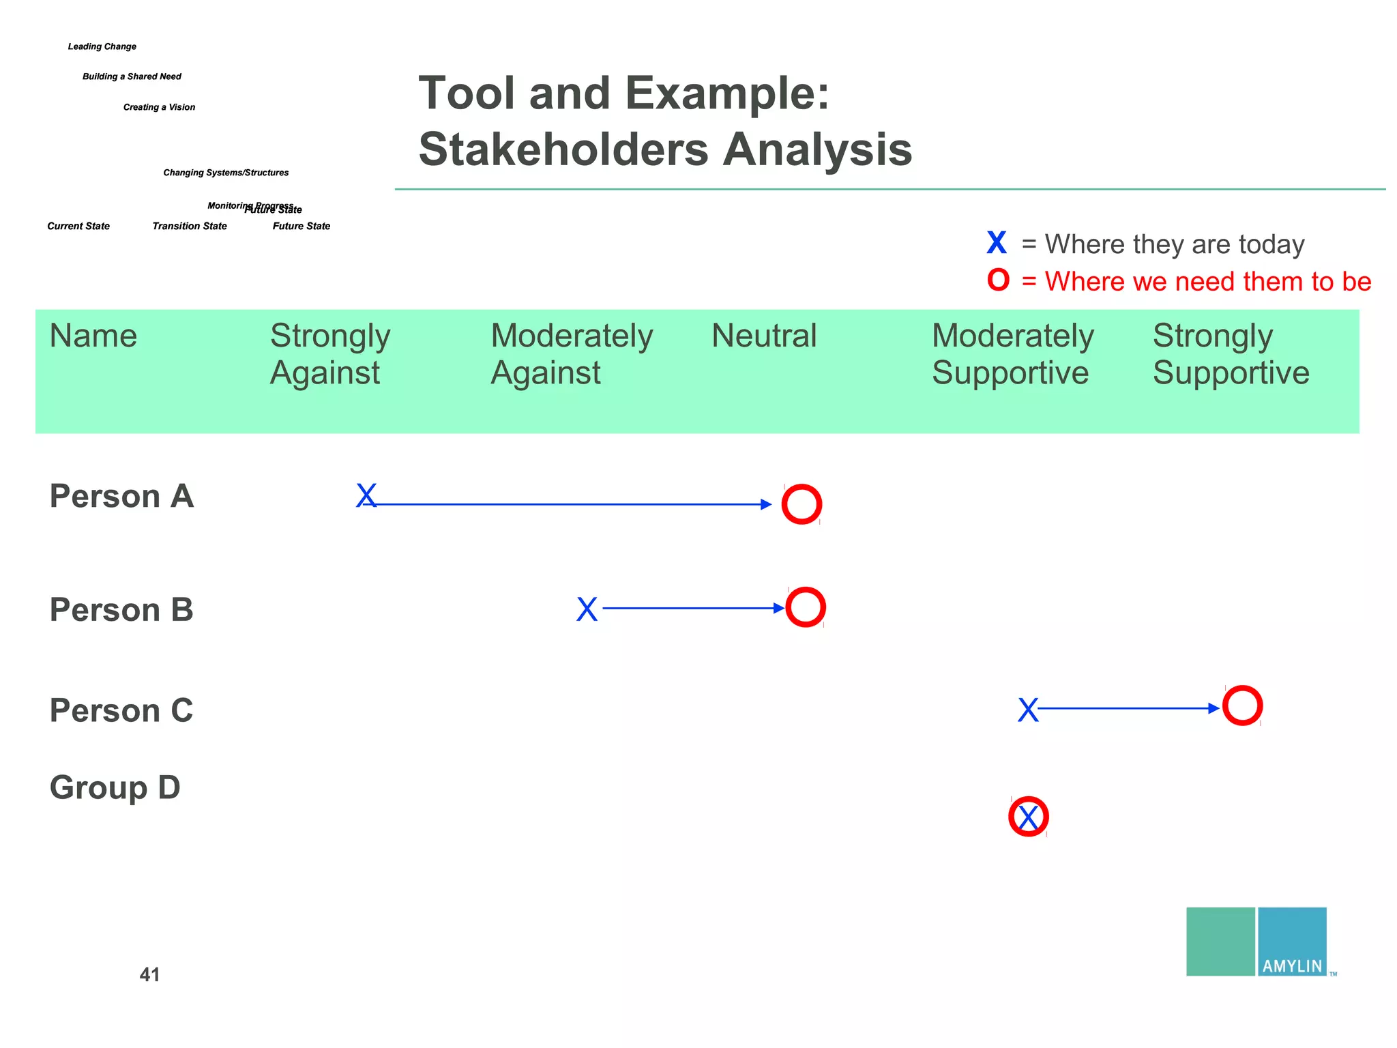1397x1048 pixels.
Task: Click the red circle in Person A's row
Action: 802,504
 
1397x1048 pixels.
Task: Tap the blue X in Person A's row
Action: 366,496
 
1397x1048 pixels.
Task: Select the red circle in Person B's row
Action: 806,607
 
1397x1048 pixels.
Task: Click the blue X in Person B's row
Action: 587,609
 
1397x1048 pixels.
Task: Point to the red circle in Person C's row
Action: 1242,705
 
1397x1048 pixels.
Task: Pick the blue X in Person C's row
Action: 1028,710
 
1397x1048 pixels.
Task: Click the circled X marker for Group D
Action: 1028,817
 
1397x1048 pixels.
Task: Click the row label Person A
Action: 121,496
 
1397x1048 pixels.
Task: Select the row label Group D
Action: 115,787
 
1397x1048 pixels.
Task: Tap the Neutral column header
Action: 764,336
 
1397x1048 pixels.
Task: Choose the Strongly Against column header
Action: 330,354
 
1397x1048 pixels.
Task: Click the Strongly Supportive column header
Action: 1231,354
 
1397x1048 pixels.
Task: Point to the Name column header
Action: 93,336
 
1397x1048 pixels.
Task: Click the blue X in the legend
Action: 997,243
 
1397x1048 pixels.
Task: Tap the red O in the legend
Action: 998,280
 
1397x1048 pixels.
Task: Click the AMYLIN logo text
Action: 1292,966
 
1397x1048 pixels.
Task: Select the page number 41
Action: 149,974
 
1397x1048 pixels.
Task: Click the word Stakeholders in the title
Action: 563,149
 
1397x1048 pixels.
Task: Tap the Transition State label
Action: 190,226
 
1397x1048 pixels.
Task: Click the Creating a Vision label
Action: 159,107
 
